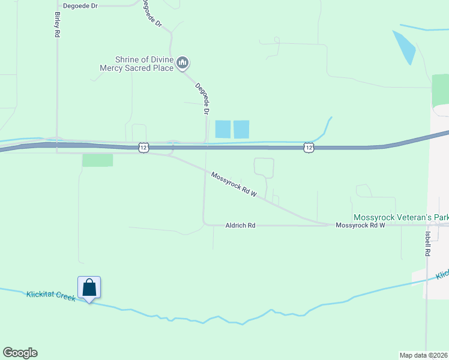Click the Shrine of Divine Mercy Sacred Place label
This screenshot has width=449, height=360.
(x=137, y=64)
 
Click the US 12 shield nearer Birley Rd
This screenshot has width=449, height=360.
(x=143, y=147)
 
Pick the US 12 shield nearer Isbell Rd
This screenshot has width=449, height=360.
(x=309, y=147)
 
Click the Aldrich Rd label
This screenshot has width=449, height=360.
(x=240, y=226)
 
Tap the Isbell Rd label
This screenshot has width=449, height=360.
(x=427, y=244)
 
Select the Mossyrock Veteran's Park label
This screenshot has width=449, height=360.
(x=401, y=217)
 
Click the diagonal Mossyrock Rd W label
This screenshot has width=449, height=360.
(x=234, y=185)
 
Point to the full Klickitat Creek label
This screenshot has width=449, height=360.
(x=51, y=295)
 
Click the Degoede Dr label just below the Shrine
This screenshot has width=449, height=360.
(x=202, y=98)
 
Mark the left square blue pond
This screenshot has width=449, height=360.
(x=223, y=129)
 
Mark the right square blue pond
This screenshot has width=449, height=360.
(x=241, y=129)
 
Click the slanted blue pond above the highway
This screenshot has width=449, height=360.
(x=403, y=47)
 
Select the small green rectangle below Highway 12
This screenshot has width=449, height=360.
(x=97, y=160)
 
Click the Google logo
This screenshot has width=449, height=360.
(x=20, y=353)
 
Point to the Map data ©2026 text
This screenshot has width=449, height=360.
(x=424, y=355)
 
